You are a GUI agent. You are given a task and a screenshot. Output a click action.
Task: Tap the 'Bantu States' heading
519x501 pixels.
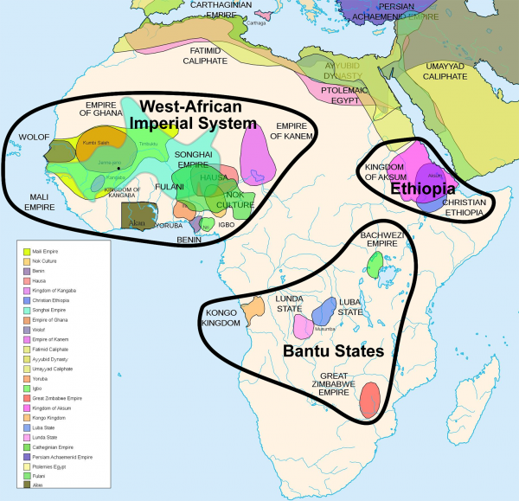(330, 351)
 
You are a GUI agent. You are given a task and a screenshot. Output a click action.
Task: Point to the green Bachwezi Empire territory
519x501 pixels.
(374, 267)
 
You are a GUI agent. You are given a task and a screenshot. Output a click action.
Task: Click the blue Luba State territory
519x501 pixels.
(324, 311)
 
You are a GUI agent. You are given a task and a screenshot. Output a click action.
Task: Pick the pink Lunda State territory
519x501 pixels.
(304, 326)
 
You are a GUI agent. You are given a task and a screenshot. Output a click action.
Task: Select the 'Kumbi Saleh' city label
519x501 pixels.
(95, 142)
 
